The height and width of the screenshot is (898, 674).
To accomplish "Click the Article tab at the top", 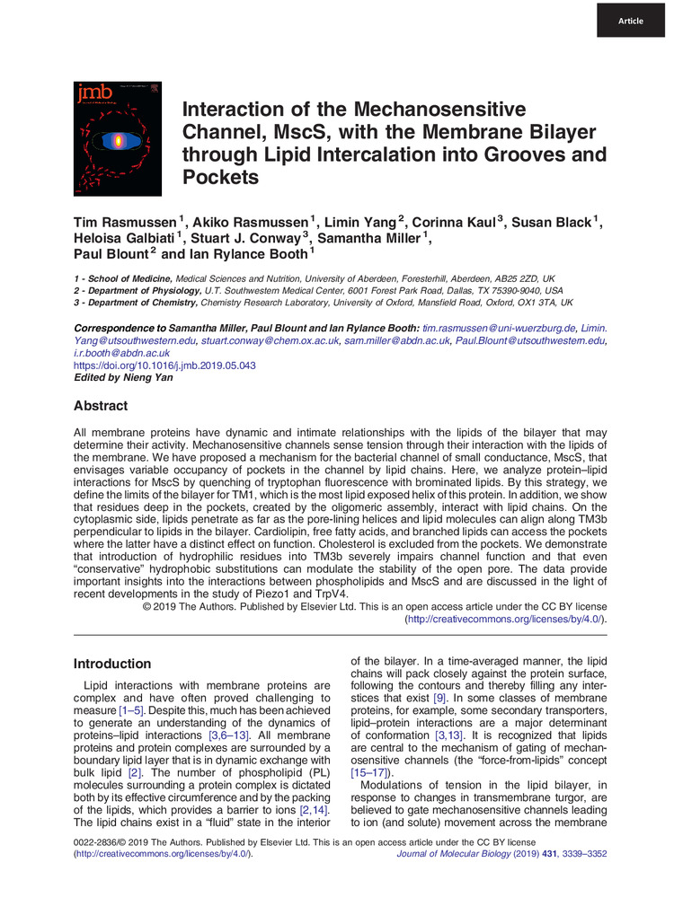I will click(630, 20).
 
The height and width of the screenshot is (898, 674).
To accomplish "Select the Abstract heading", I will click(102, 405).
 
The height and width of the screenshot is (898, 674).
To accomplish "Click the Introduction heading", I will click(113, 664).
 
